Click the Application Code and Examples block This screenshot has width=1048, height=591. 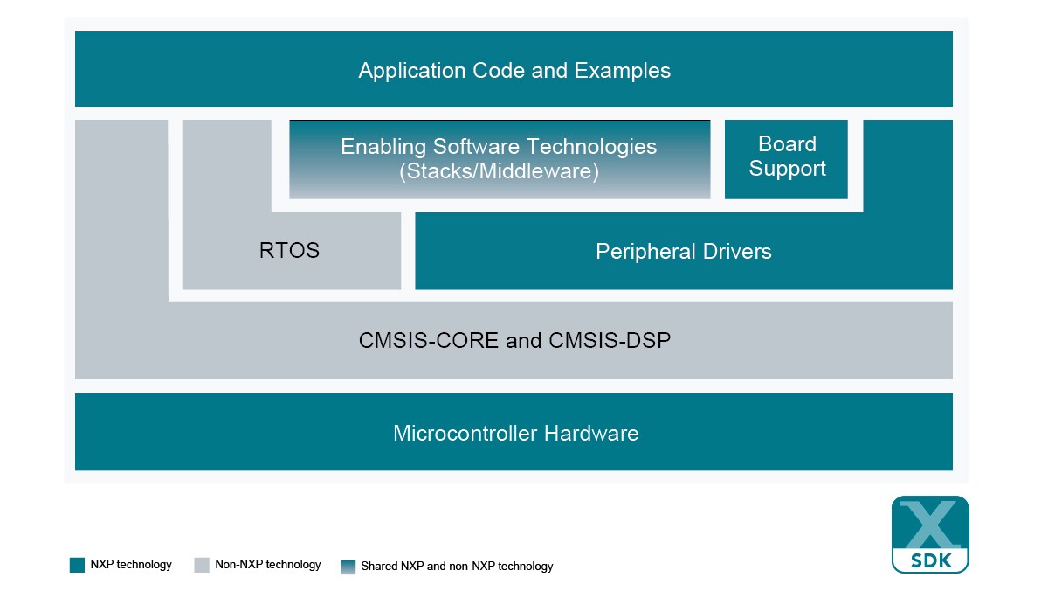514,70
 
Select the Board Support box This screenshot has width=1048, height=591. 786,158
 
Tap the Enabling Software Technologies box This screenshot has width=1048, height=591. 499,158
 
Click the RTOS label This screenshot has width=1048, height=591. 289,252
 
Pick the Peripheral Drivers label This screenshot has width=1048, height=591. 683,252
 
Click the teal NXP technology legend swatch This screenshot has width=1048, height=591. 77,566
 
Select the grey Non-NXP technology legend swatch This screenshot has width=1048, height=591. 202,566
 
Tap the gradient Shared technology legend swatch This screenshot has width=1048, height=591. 348,566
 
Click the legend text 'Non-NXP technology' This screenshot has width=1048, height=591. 268,565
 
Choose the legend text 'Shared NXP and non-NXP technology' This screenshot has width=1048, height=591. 457,566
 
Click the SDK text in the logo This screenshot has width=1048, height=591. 930,559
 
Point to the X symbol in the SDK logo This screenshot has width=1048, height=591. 930,523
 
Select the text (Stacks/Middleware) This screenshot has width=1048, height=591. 499,171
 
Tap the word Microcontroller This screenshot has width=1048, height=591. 465,433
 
